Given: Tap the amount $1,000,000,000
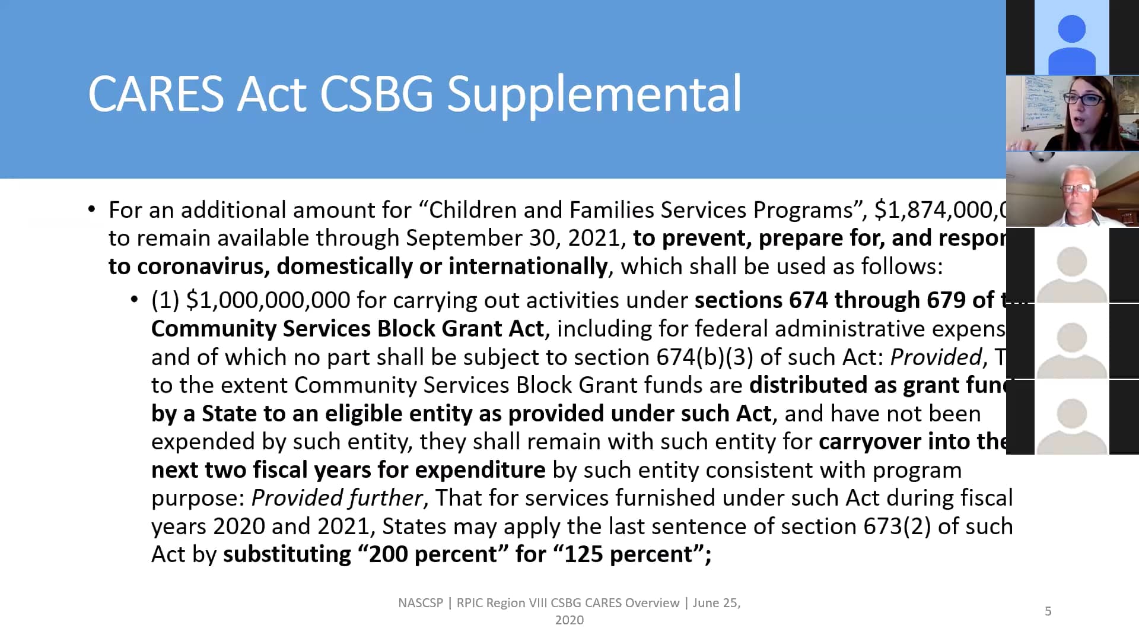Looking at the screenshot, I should point(268,300).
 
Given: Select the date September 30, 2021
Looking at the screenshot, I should point(513,238).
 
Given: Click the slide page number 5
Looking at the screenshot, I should point(1048,611).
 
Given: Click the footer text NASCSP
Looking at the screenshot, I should point(421,603).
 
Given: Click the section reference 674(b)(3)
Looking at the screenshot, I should point(705,357).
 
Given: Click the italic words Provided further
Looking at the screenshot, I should point(337,498).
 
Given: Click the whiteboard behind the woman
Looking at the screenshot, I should point(1035,104).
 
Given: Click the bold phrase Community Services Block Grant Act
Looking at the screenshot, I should point(348,329).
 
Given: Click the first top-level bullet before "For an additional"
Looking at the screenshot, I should point(91,209).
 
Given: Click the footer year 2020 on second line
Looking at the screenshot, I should point(569,620).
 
